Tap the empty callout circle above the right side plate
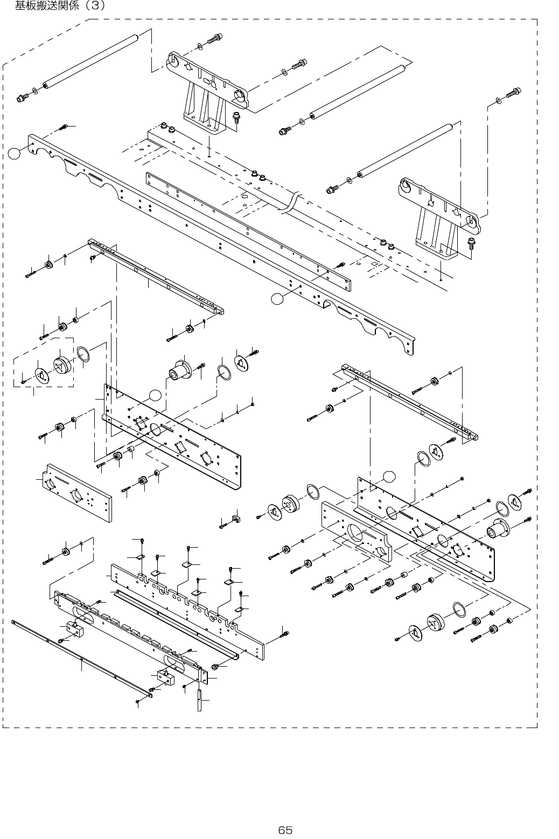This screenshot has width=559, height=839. pos(389,476)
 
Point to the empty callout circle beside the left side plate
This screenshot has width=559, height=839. pos(155,395)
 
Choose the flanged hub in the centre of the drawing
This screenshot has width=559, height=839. pos(179,371)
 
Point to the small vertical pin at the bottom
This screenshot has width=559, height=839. pos(200,698)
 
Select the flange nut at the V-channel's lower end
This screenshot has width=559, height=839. pos(216,667)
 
